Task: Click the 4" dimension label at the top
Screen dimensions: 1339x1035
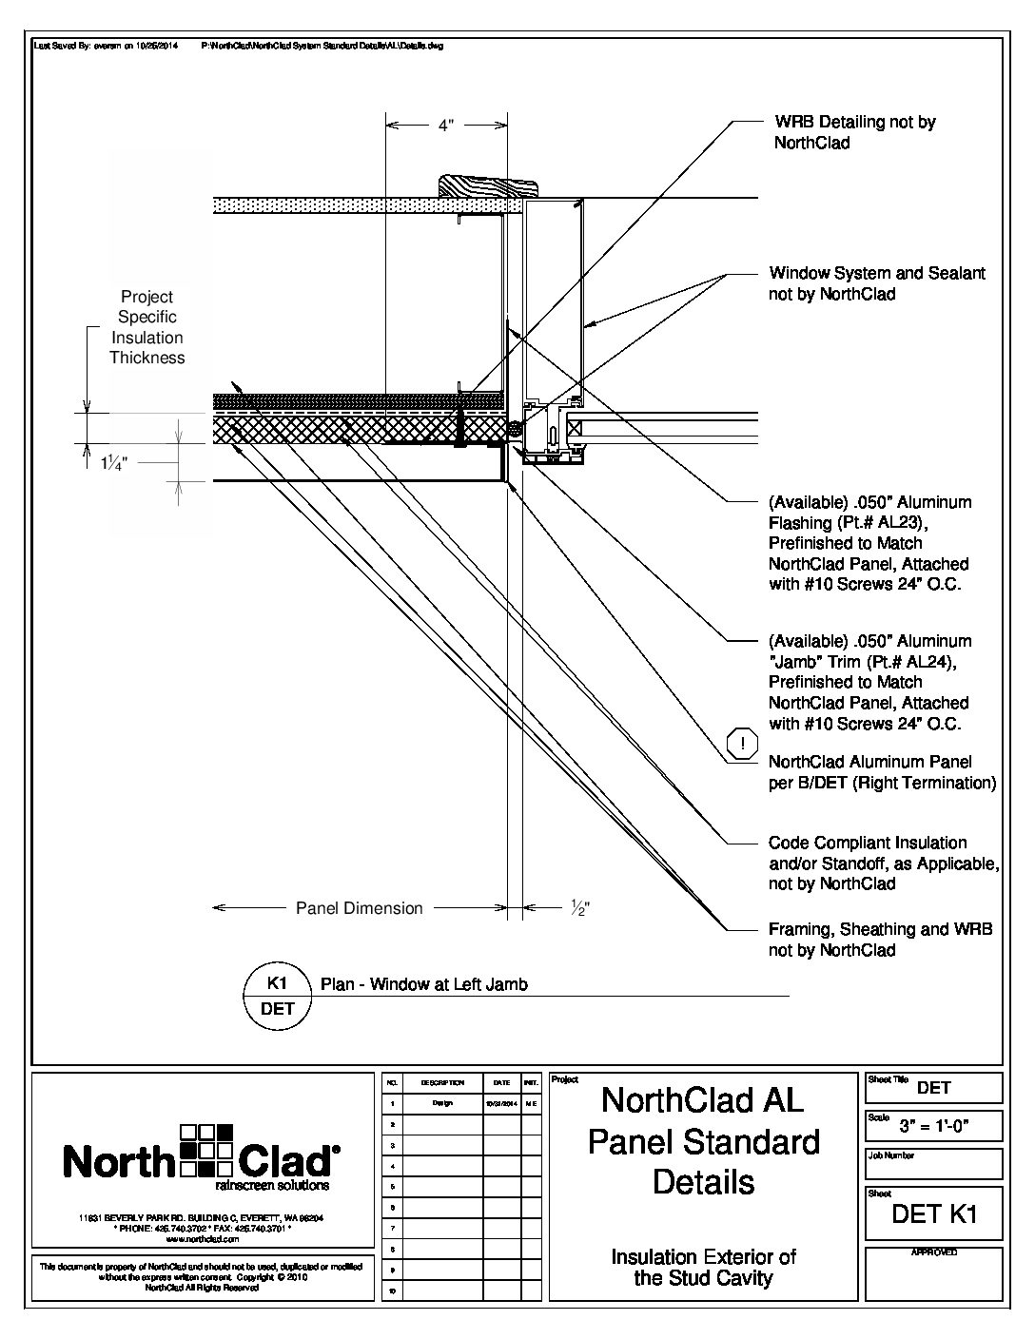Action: pos(446,126)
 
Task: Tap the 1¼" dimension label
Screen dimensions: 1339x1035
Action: pos(113,462)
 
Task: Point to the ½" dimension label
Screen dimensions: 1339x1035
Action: pos(580,908)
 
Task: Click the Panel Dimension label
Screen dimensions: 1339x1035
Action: pos(359,908)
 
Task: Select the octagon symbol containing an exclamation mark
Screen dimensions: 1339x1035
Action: pos(742,745)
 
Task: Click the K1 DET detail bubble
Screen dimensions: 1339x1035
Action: pos(278,996)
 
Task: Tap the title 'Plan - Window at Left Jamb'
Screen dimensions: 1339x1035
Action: pos(423,984)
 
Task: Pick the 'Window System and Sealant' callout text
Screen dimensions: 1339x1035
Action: pos(876,283)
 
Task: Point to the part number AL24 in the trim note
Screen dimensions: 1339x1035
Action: pos(922,661)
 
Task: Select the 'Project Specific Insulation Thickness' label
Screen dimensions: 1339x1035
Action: pos(146,327)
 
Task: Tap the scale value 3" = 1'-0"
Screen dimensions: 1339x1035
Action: pos(934,1128)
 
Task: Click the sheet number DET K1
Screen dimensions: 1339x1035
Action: pos(934,1213)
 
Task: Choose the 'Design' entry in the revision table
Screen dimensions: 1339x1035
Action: pos(442,1103)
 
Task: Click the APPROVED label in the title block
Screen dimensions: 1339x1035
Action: pos(933,1253)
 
